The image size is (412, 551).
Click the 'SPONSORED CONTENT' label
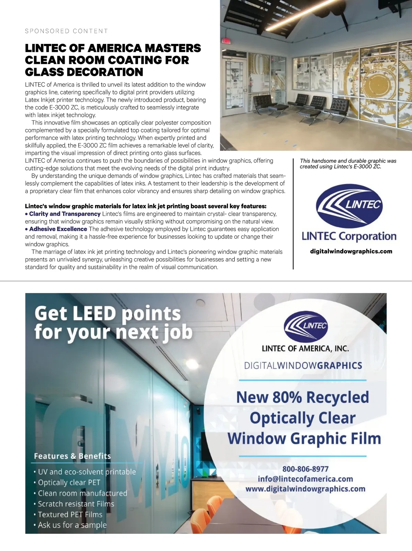pos(66,31)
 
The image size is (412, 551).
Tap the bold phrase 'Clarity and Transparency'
pos(65,214)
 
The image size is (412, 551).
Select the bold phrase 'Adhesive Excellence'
pos(58,229)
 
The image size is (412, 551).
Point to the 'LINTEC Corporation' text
pos(349,236)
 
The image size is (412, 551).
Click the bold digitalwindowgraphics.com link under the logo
pos(351,251)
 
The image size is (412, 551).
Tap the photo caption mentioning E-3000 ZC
pos(348,164)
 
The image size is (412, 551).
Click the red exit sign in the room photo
pos(226,40)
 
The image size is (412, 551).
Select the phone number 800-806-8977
pos(305,469)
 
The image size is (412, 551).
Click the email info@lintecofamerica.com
pos(305,479)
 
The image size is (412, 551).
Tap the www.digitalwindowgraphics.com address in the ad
pos(305,489)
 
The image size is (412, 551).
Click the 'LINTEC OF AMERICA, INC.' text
pos(305,349)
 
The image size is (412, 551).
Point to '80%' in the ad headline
pos(288,397)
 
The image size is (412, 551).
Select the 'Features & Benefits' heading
pos(72,456)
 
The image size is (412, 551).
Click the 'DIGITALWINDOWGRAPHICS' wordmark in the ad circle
pos(303,365)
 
